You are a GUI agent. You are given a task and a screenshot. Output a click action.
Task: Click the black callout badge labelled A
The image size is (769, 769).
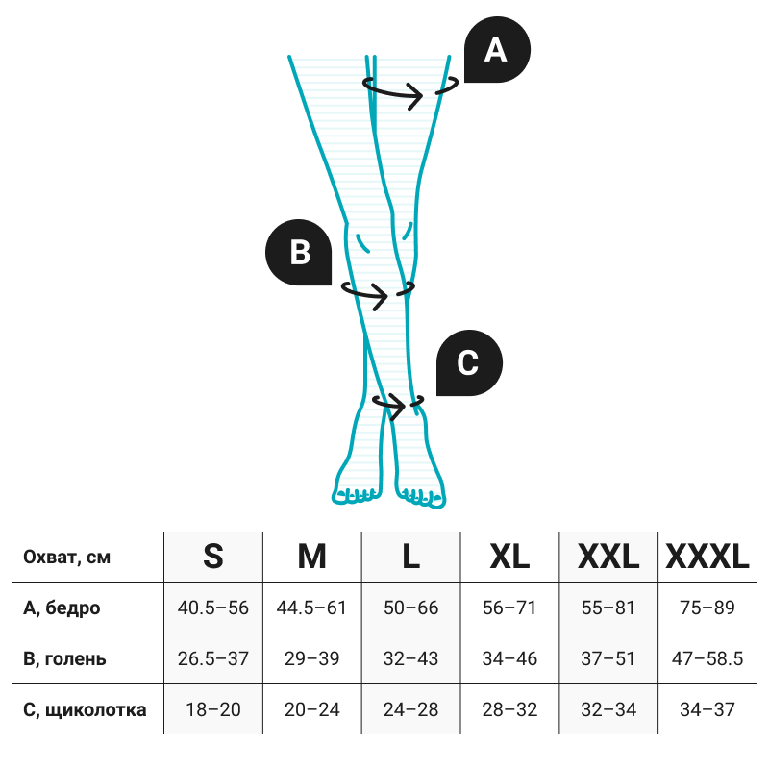coord(496,50)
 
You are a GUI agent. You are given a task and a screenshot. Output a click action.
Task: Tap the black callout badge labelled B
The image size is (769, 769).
coord(299,252)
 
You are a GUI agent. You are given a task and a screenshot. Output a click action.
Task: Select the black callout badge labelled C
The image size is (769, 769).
coord(468,363)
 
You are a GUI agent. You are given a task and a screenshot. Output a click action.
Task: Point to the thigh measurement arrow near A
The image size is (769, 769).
coord(396,90)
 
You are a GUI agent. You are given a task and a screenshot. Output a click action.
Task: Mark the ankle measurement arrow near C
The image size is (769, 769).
coord(391,405)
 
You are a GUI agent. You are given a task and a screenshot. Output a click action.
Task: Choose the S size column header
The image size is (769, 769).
coord(213,557)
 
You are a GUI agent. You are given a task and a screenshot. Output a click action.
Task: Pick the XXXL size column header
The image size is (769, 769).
coord(707,557)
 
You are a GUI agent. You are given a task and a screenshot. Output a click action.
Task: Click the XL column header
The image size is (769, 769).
coord(509,557)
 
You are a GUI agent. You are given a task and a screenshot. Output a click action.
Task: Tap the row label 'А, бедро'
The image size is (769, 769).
coord(62,608)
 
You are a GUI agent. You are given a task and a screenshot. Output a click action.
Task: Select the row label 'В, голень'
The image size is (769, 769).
coord(64,659)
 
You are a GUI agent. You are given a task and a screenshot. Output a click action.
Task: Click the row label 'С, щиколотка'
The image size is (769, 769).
coord(85,710)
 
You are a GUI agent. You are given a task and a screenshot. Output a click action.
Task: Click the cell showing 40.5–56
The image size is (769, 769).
coord(213,608)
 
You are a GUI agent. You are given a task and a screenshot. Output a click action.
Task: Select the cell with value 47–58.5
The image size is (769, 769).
coord(707,659)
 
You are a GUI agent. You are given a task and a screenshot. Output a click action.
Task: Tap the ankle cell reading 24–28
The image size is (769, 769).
coord(410,710)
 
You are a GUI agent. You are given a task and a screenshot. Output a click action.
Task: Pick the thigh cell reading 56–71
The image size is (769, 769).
coord(509,608)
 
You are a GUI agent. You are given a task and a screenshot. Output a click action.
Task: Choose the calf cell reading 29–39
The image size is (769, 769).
coord(312,659)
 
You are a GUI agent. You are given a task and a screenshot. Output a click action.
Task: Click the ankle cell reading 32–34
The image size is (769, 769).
coord(608,710)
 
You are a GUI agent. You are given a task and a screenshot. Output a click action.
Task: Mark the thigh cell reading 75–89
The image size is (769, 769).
coord(707,608)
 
